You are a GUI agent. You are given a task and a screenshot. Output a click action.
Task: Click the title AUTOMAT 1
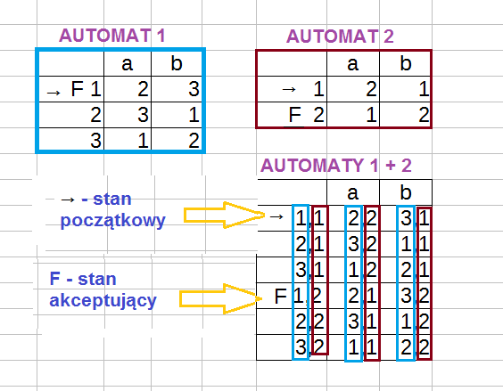click(x=112, y=36)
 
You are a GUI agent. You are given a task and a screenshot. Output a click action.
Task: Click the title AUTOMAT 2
click(x=340, y=37)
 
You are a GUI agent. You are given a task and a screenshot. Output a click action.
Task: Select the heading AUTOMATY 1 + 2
click(x=336, y=166)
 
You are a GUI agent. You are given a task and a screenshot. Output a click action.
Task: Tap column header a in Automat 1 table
click(x=127, y=64)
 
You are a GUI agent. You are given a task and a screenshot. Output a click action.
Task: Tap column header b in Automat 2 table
click(x=406, y=63)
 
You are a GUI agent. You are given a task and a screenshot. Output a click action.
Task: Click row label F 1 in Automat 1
click(x=86, y=89)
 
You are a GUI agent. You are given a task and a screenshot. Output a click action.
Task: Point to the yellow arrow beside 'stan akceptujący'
click(x=220, y=298)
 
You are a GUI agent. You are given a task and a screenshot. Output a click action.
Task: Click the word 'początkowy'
click(x=112, y=221)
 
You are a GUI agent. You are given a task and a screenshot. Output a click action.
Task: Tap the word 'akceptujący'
click(x=103, y=301)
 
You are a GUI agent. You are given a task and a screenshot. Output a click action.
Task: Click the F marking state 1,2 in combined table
click(x=280, y=296)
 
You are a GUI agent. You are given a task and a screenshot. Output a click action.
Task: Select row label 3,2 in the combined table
click(x=309, y=346)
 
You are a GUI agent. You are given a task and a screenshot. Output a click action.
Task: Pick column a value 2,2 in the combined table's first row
click(x=362, y=218)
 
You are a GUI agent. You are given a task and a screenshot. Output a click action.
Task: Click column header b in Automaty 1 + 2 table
click(x=406, y=192)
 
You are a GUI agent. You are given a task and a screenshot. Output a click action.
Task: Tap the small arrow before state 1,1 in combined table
click(x=276, y=216)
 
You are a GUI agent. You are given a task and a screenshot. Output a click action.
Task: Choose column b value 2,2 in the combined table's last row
click(x=415, y=347)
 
